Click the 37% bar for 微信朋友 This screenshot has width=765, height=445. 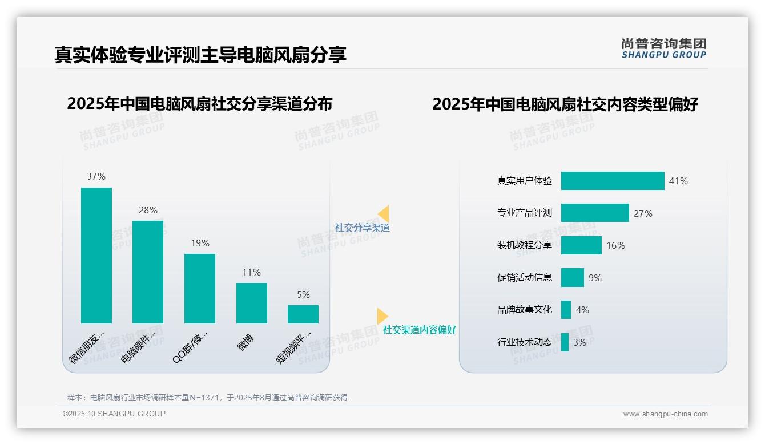click(96, 255)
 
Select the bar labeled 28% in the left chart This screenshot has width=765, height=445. click(148, 272)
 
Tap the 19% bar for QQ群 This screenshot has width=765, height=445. click(200, 288)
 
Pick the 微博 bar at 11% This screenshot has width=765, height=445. click(251, 303)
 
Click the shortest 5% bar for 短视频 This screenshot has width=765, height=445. click(303, 314)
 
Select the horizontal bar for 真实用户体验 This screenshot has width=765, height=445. click(613, 181)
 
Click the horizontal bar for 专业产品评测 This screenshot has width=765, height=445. click(595, 213)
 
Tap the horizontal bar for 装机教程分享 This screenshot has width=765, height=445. click(581, 245)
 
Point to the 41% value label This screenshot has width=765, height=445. click(678, 181)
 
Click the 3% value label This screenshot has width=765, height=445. click(579, 343)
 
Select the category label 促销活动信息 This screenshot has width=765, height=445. click(524, 278)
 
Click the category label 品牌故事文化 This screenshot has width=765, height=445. click(524, 310)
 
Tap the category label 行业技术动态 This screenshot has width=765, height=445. click(524, 342)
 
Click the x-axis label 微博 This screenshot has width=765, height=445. click(245, 342)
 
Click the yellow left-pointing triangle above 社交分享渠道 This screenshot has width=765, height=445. click(384, 214)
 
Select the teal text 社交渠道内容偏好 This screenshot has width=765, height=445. click(419, 330)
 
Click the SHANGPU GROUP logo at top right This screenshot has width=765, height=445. click(663, 48)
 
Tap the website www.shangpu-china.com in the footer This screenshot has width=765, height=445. click(665, 414)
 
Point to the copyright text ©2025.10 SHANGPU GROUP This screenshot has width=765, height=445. click(114, 414)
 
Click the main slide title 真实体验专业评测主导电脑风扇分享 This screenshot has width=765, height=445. click(200, 55)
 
